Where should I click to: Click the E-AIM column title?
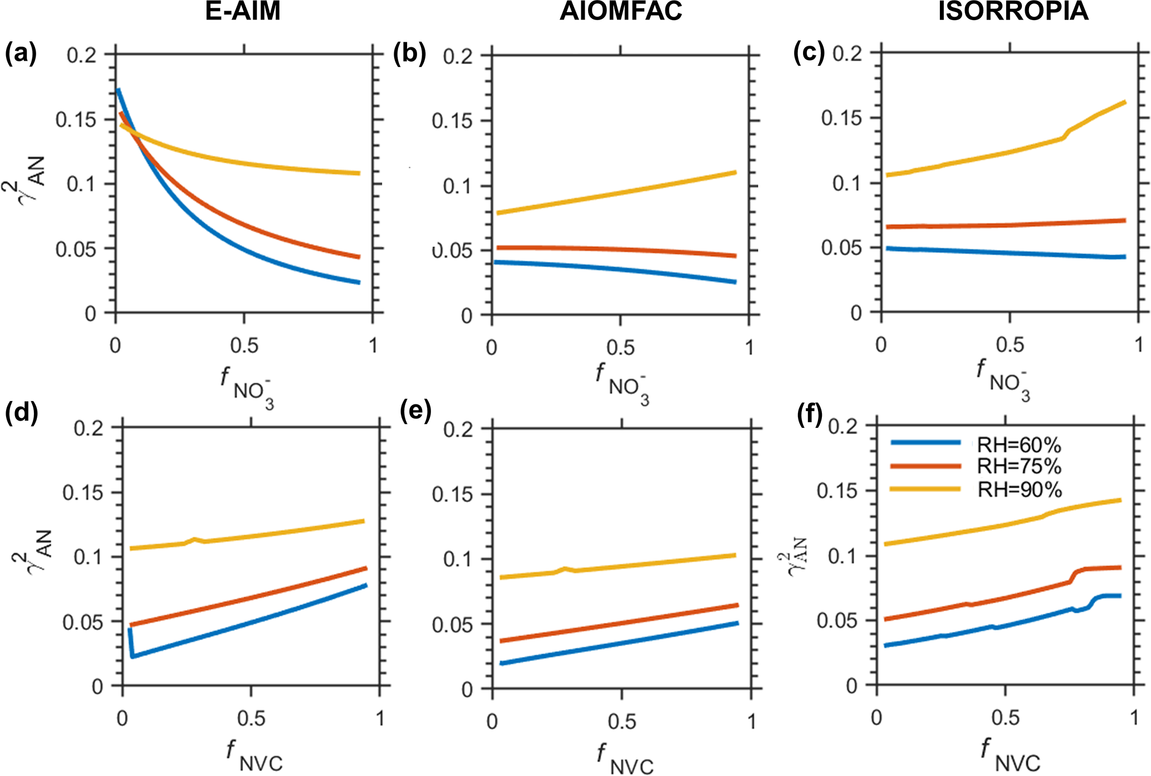coord(243,11)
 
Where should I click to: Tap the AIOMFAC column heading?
coord(620,11)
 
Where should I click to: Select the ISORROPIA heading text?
coord(1013,11)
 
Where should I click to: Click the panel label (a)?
coord(21,53)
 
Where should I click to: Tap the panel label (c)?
coord(809,52)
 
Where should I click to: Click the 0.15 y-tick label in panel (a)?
coord(76,119)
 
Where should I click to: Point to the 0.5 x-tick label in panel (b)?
coord(620,348)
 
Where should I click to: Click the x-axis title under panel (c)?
coord(1003,379)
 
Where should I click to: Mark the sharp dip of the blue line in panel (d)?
coord(132,656)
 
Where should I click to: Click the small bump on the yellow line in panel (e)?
coord(565,569)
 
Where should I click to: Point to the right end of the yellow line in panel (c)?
coord(1125,103)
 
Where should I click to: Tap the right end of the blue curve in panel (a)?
coord(359,282)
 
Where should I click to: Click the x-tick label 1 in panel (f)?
coord(1134,717)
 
